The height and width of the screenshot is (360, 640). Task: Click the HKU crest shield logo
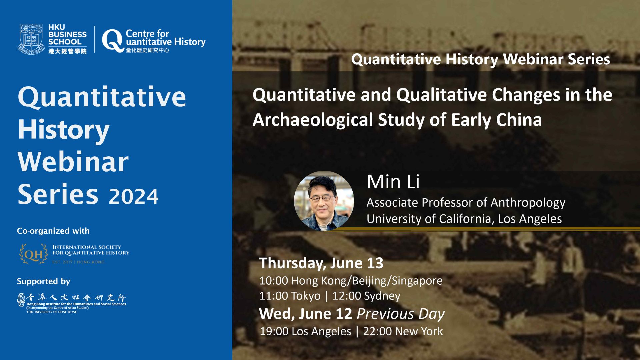[31, 39]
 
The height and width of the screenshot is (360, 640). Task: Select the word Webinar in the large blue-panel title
[73, 162]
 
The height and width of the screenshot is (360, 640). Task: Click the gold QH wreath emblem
[34, 254]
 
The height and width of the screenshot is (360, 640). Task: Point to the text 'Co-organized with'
[53, 231]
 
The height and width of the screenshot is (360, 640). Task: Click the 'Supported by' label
[44, 281]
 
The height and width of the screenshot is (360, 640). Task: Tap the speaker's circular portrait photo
[324, 201]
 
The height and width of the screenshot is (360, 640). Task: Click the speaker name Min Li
[393, 182]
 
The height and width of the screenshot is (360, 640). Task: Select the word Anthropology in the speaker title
[528, 203]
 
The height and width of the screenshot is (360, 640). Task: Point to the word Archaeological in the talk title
[313, 120]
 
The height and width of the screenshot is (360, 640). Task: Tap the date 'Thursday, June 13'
[321, 263]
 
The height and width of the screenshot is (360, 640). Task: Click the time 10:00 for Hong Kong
[274, 281]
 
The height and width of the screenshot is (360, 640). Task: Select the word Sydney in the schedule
[382, 296]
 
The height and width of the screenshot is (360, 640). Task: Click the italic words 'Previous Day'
[401, 314]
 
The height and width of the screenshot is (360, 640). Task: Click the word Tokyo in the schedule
[306, 296]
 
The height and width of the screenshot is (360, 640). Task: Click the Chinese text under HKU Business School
[67, 51]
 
